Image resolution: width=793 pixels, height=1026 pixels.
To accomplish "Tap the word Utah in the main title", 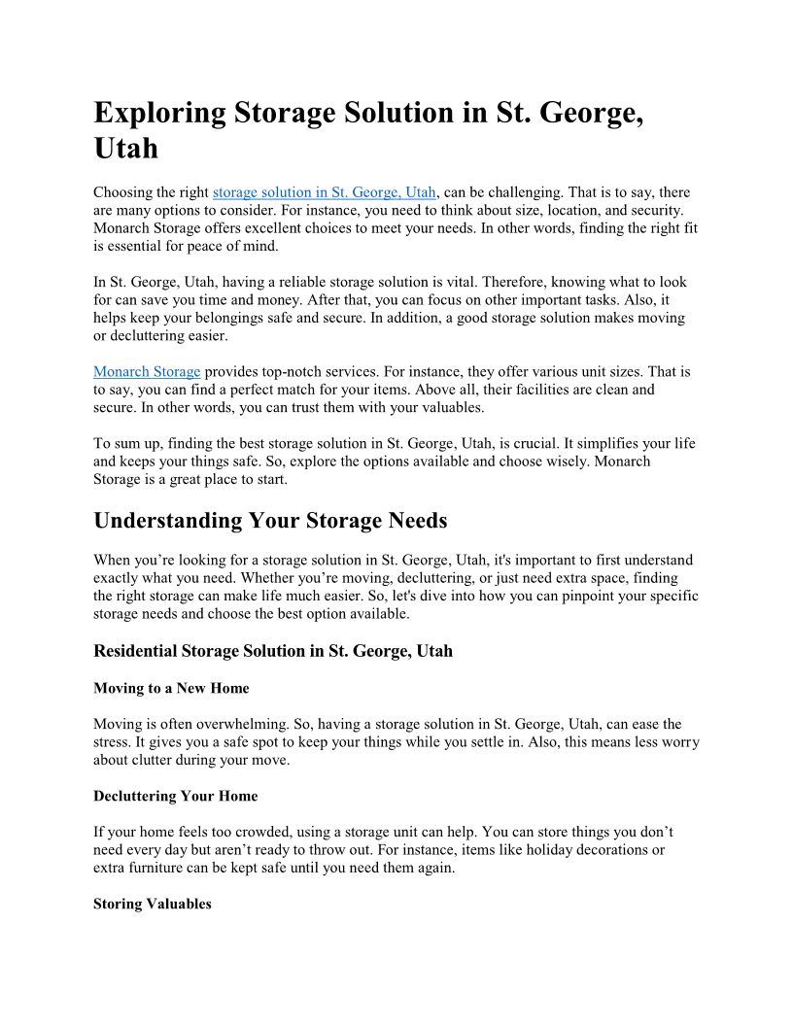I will coord(125,150).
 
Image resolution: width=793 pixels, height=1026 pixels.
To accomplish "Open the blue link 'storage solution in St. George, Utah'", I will coord(324,192).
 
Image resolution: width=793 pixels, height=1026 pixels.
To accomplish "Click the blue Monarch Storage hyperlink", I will coord(147,371).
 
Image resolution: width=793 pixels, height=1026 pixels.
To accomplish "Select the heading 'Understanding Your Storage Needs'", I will coord(270,521).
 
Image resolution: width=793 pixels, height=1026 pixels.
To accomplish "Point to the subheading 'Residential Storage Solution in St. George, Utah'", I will coord(273,651).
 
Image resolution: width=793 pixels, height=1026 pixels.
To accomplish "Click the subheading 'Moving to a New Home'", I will coord(171,688).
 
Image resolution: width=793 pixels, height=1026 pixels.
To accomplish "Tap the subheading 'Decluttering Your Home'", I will coord(176,796).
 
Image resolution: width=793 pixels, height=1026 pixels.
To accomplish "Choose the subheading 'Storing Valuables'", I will coord(152,904).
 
